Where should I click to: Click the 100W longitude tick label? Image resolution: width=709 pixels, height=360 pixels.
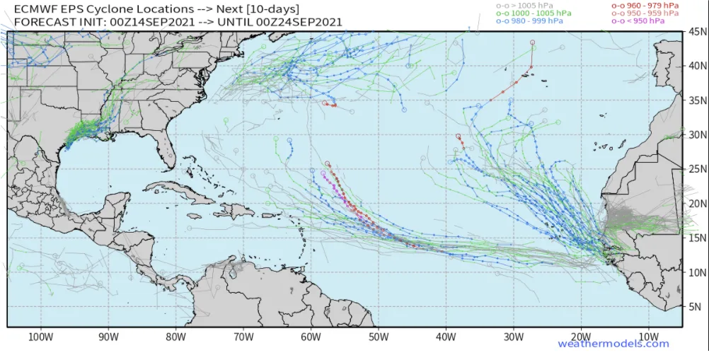click(40, 336)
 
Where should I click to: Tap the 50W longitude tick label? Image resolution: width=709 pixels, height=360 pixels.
click(378, 336)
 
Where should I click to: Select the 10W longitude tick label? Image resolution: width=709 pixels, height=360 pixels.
click(648, 336)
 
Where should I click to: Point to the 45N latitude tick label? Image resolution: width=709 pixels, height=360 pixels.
click(697, 33)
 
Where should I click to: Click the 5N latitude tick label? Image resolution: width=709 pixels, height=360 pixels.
click(697, 307)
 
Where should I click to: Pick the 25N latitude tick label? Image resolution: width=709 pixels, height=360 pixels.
click(697, 170)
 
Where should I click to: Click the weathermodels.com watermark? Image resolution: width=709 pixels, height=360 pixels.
click(613, 344)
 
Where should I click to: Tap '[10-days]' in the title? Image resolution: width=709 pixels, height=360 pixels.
click(274, 8)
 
